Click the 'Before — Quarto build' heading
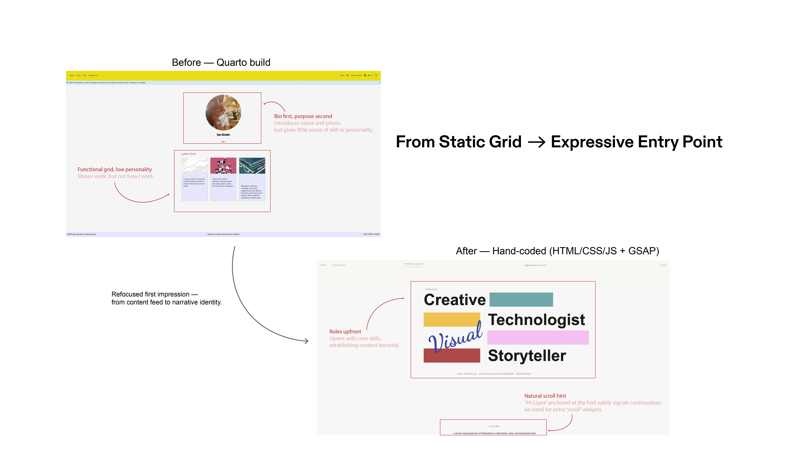coord(221,62)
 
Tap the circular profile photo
coord(223,113)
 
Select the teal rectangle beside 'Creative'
coord(521,300)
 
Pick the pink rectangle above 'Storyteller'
coord(538,337)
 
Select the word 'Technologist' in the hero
coord(536,320)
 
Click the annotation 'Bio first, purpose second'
coord(303,116)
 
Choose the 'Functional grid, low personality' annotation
coord(115,170)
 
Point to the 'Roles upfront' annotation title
coord(345,332)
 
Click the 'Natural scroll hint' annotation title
coord(545,396)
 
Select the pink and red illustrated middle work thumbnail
coord(223,166)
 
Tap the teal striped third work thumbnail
coord(252,166)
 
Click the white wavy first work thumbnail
coord(194,166)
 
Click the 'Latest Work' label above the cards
coord(188,154)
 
